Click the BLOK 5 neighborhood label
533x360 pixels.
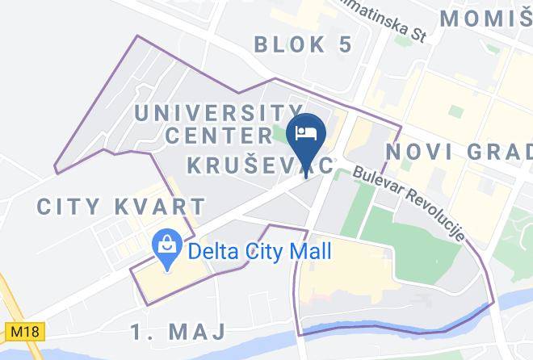pyautogui.click(x=303, y=44)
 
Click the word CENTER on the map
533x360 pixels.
pyautogui.click(x=217, y=135)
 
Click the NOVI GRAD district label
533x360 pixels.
pyautogui.click(x=459, y=152)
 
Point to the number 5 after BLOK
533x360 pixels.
pyautogui.click(x=345, y=44)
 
